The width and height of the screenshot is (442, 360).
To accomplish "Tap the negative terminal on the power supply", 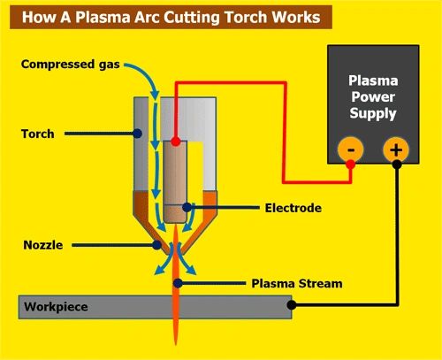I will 351,149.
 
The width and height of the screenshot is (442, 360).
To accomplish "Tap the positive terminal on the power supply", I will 395,149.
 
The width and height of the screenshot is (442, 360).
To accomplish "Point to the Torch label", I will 39,134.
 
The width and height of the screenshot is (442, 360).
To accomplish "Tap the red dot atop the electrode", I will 177,142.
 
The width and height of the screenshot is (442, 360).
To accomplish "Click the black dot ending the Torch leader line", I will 139,134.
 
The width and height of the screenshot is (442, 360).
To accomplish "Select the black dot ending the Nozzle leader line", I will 157,242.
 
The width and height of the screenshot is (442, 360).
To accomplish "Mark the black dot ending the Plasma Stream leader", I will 178,284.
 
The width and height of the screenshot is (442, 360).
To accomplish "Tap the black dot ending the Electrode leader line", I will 187,209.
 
